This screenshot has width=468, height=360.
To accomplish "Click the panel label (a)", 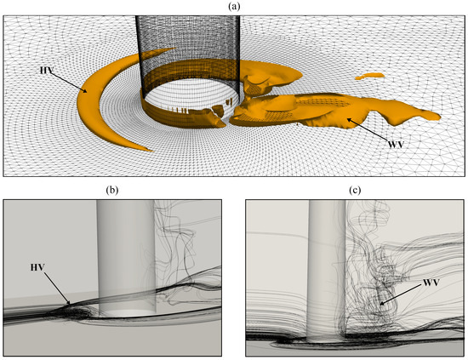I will [234, 6].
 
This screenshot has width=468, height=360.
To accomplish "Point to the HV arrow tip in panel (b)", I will [70, 304].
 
